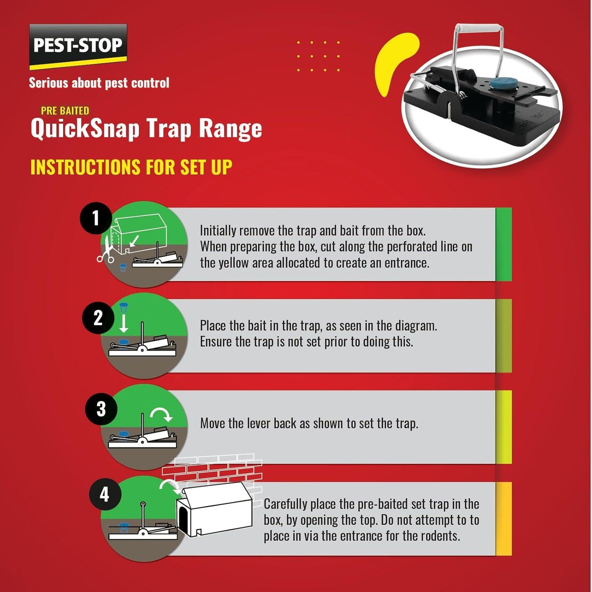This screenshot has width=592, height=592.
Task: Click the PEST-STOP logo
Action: pyautogui.click(x=78, y=45)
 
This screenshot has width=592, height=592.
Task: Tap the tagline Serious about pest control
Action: pyautogui.click(x=99, y=83)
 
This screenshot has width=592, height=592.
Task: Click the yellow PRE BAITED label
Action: pyautogui.click(x=65, y=111)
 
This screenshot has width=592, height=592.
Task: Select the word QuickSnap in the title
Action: pyautogui.click(x=85, y=129)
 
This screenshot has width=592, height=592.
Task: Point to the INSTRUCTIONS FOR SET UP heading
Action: pyautogui.click(x=131, y=167)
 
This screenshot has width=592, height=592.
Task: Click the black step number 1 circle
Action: pyautogui.click(x=96, y=218)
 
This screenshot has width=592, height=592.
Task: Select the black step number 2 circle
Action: pyautogui.click(x=98, y=318)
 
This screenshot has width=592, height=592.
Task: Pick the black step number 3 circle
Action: pyautogui.click(x=101, y=409)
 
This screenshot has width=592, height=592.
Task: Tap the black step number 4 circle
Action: pyautogui.click(x=105, y=494)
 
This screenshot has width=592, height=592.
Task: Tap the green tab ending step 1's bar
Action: pyautogui.click(x=504, y=245)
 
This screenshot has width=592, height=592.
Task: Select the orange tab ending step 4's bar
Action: pyautogui.click(x=504, y=519)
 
